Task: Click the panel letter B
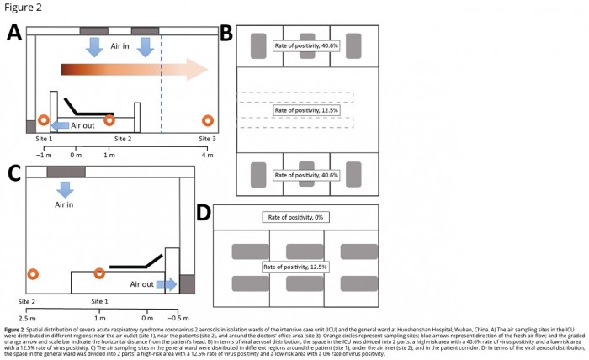coord(226,34)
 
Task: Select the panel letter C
coord(14,174)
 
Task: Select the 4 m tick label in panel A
coord(208,155)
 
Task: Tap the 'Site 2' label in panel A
coord(123,137)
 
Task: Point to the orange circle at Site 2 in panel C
coord(32,275)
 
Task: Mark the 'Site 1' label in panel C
coord(100,300)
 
